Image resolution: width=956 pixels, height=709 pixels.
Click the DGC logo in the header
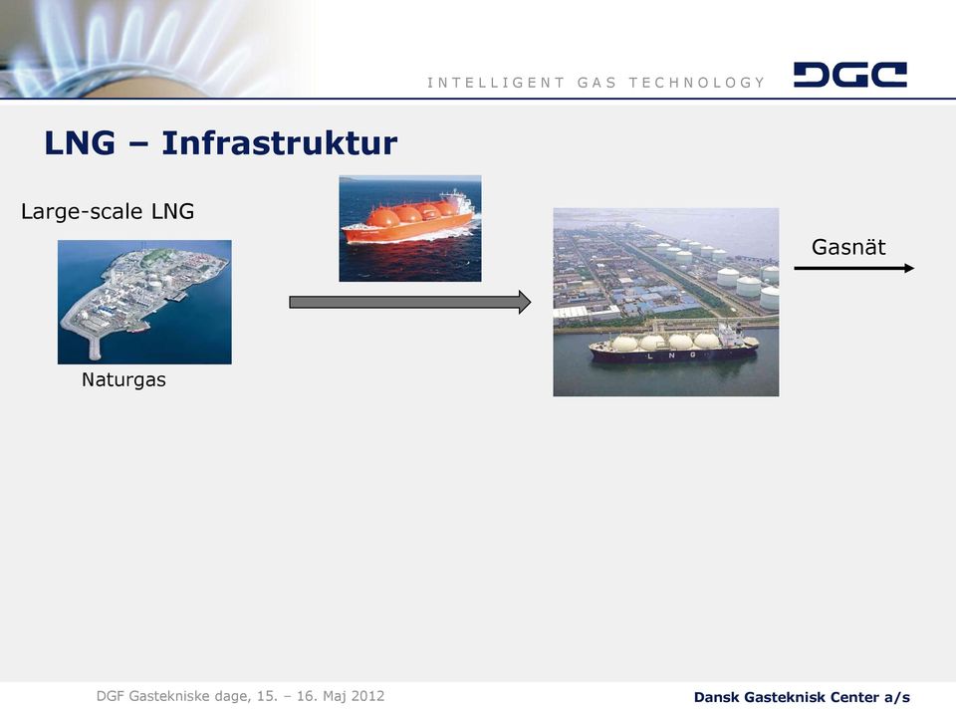pos(849,75)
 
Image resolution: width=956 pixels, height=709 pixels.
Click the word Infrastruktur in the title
pos(279,143)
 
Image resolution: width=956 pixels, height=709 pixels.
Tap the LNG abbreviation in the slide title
pos(80,143)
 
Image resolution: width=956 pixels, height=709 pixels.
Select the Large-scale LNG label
pos(108,211)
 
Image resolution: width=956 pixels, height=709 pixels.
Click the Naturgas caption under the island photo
pos(123,379)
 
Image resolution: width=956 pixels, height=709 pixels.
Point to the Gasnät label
pos(848,247)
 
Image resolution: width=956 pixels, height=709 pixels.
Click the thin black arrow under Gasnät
pos(853,268)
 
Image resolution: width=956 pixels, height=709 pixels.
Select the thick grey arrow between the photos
pos(409,303)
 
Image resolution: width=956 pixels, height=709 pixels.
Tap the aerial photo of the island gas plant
pos(144,302)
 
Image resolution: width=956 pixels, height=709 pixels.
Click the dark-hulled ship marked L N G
pos(673,347)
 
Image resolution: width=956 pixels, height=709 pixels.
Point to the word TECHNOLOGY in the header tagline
pos(697,83)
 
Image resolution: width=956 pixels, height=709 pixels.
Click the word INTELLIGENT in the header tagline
pos(496,83)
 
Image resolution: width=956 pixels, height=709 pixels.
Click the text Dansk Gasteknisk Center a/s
pos(802,697)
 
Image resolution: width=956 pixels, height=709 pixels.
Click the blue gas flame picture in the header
pos(152,49)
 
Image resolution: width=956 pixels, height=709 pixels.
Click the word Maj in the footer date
pos(335,696)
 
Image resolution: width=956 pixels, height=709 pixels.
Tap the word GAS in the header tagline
pos(597,83)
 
